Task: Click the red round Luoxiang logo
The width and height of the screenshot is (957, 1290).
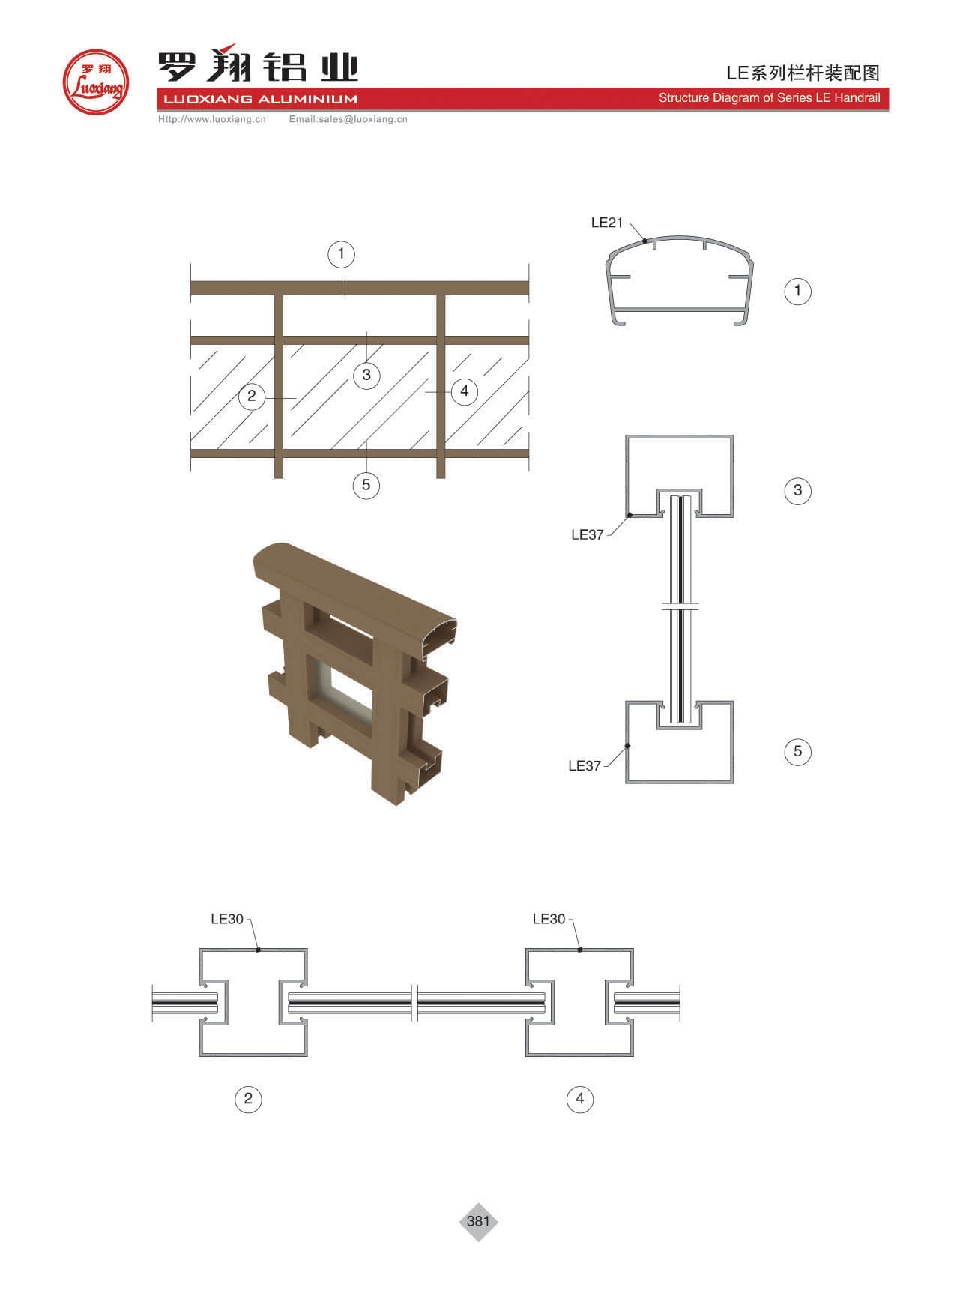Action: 96,82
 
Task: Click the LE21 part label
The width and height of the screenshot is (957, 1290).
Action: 606,222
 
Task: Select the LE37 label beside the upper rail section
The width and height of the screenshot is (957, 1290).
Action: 587,534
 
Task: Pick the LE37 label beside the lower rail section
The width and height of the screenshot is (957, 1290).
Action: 584,765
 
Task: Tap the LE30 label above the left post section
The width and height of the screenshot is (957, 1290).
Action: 227,919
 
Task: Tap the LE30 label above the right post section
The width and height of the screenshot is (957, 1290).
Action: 549,919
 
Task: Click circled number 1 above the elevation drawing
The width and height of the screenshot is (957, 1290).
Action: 341,253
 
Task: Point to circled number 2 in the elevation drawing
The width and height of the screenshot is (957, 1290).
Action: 252,396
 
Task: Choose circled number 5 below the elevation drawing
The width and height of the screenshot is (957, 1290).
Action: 366,485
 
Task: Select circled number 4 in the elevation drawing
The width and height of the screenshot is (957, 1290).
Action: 465,391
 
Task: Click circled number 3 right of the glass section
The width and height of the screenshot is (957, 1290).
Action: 797,490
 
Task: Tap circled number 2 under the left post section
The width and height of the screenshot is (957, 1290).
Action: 248,1100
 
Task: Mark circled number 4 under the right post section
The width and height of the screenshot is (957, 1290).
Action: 579,1100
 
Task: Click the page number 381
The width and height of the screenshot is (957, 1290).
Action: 478,1221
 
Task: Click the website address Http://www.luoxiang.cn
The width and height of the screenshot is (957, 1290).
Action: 212,119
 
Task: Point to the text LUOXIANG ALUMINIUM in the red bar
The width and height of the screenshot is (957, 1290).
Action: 257,99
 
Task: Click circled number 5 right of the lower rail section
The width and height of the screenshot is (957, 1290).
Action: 797,751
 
